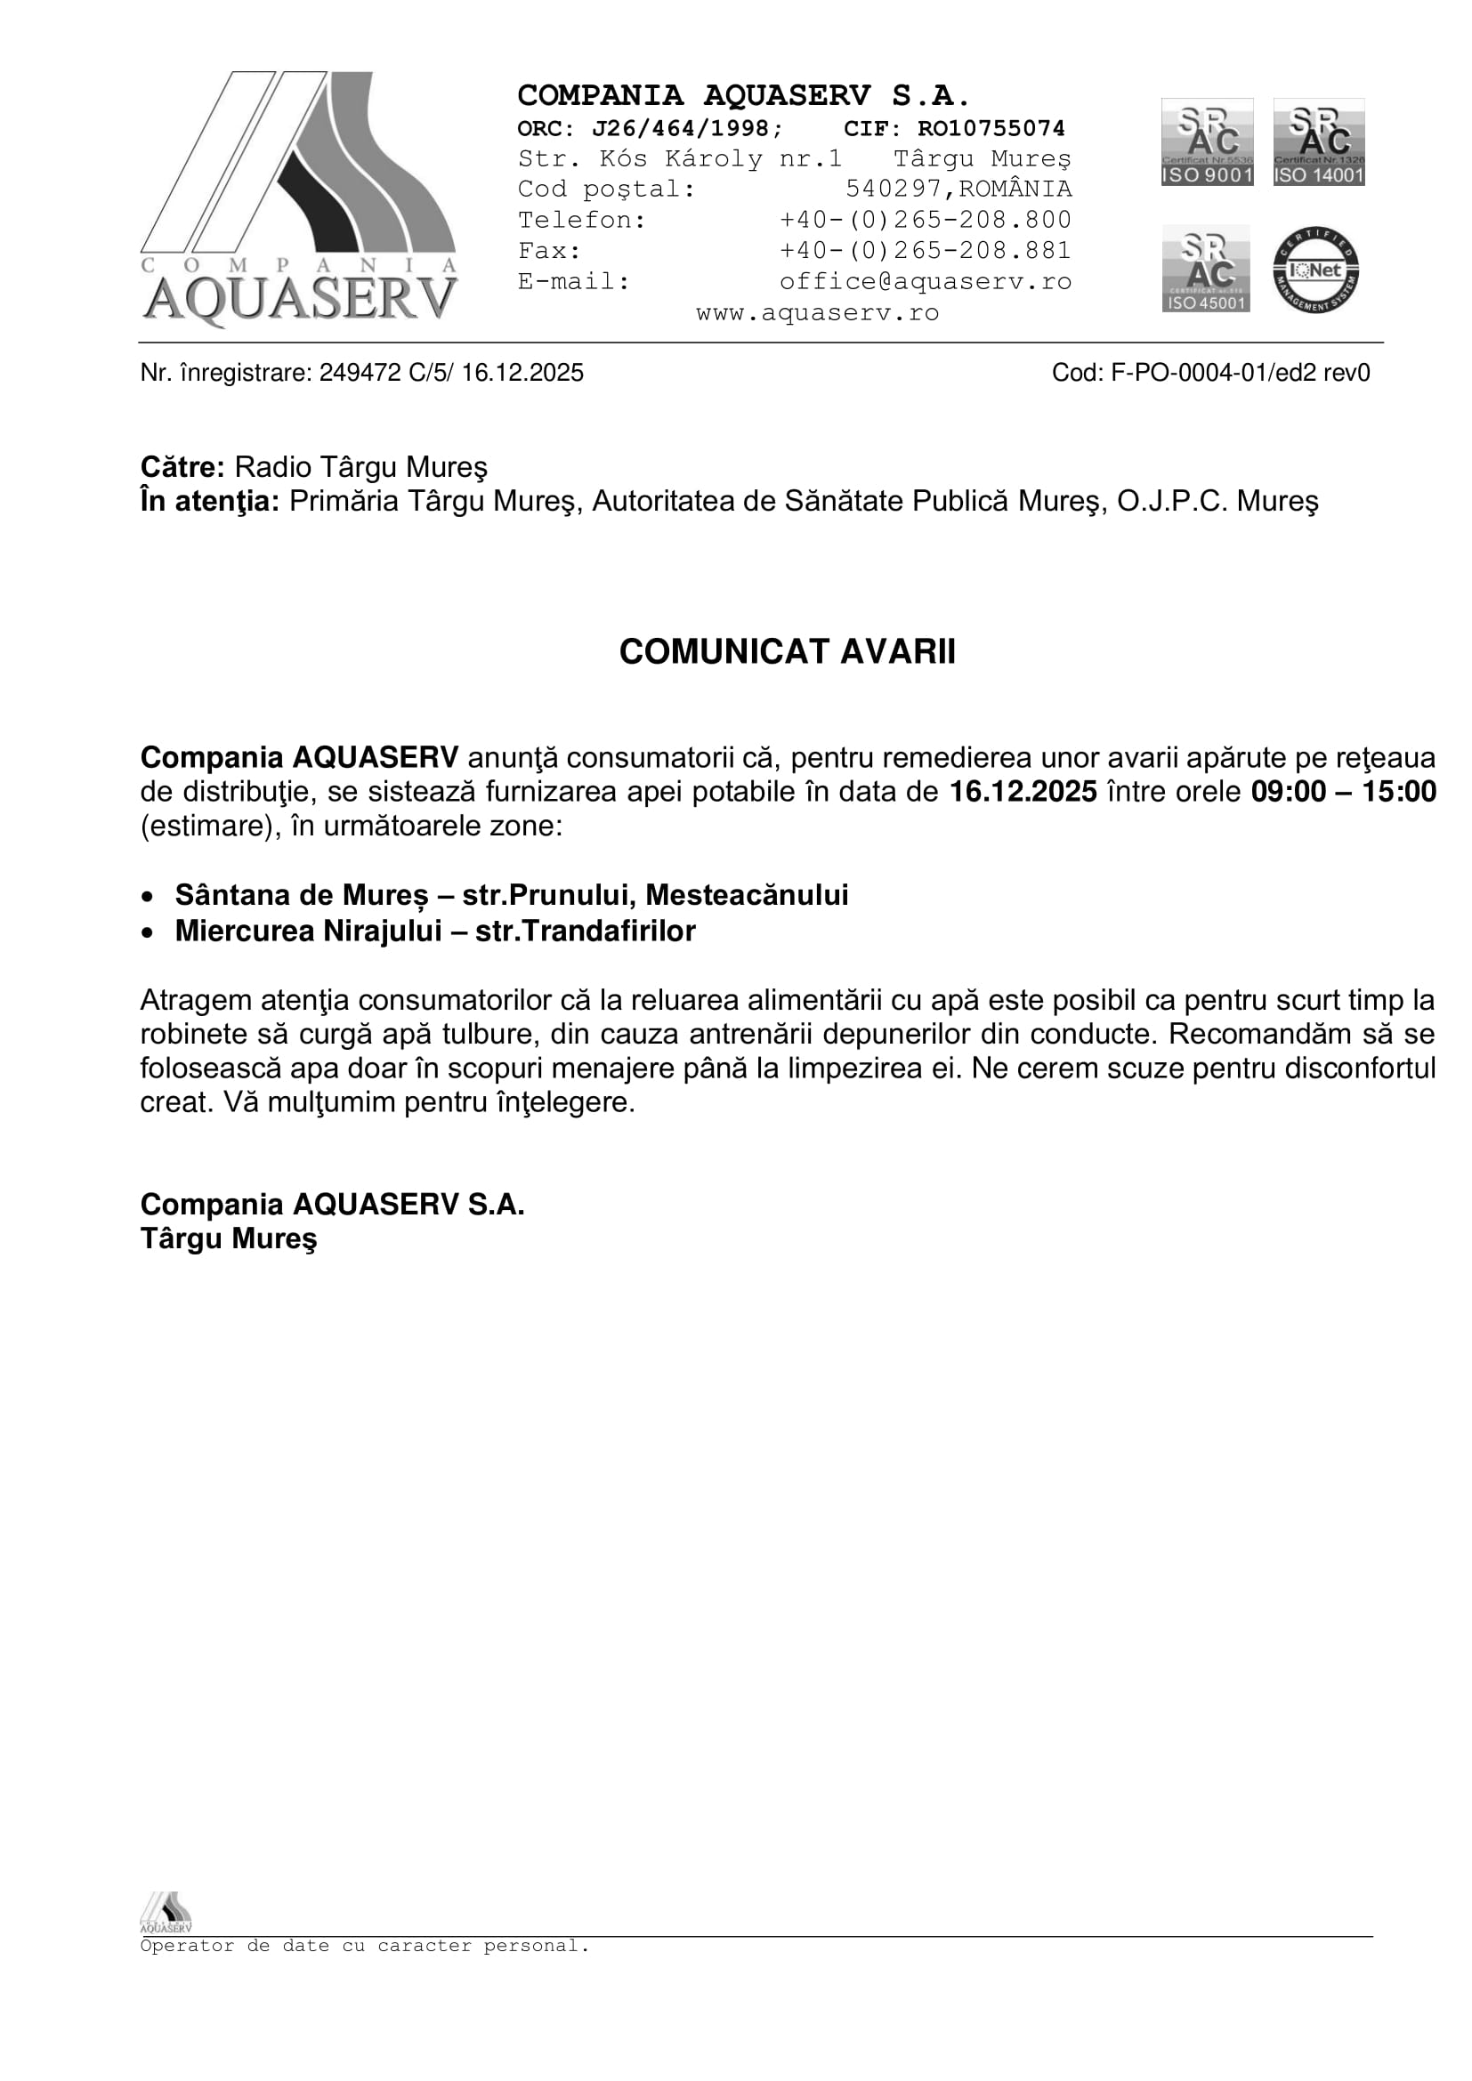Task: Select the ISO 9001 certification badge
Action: click(1207, 142)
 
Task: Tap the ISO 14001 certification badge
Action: click(1319, 142)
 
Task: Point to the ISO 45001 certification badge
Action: click(1206, 269)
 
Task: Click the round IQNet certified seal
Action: click(1315, 270)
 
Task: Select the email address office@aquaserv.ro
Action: click(925, 281)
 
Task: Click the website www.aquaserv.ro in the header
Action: click(817, 312)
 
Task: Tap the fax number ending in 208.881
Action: click(925, 250)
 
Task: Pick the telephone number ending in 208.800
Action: click(925, 220)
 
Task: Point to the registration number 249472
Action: click(360, 373)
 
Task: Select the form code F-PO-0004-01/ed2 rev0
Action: click(1240, 373)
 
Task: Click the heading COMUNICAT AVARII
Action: click(787, 651)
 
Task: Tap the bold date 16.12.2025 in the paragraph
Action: click(1023, 792)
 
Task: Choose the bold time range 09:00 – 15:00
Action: click(1343, 792)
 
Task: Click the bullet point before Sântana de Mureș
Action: click(148, 898)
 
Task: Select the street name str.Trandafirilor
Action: click(585, 931)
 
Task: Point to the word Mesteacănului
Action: click(747, 896)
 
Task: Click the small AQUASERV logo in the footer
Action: click(166, 1913)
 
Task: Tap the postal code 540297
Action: click(894, 189)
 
